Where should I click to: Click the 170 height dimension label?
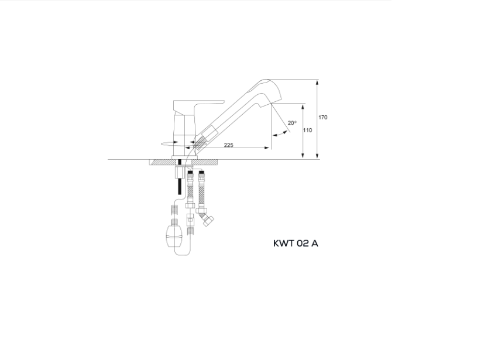(322, 118)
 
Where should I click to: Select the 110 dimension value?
(307, 131)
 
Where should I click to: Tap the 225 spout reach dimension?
(228, 145)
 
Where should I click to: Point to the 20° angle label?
(292, 123)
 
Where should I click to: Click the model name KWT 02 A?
(296, 244)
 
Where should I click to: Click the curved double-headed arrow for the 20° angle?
(280, 135)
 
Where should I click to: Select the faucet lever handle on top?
(199, 104)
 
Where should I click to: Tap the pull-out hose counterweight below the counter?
(174, 236)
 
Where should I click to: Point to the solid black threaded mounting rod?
(180, 186)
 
